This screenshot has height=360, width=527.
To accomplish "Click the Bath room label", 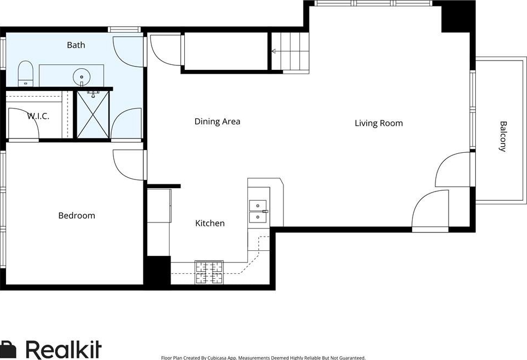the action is tap(76, 45).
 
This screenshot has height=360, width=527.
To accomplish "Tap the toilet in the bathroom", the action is tap(25, 73).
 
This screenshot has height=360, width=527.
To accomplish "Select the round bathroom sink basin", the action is tap(81, 77).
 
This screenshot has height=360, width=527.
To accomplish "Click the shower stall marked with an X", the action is tap(93, 115).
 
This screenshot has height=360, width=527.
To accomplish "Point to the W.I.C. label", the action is tap(38, 116).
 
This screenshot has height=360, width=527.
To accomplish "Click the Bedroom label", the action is tap(77, 215).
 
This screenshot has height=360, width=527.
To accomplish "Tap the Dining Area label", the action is tap(217, 122).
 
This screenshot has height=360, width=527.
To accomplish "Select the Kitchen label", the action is tap(210, 223).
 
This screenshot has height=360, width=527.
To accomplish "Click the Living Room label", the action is tap(379, 123).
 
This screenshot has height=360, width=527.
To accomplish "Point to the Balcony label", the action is tap(502, 136).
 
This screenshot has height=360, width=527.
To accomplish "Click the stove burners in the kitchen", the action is tap(209, 272).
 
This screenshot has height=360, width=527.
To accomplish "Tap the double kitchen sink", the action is tap(258, 212).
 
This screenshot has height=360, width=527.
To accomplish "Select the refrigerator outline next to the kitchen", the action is tap(159, 206).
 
